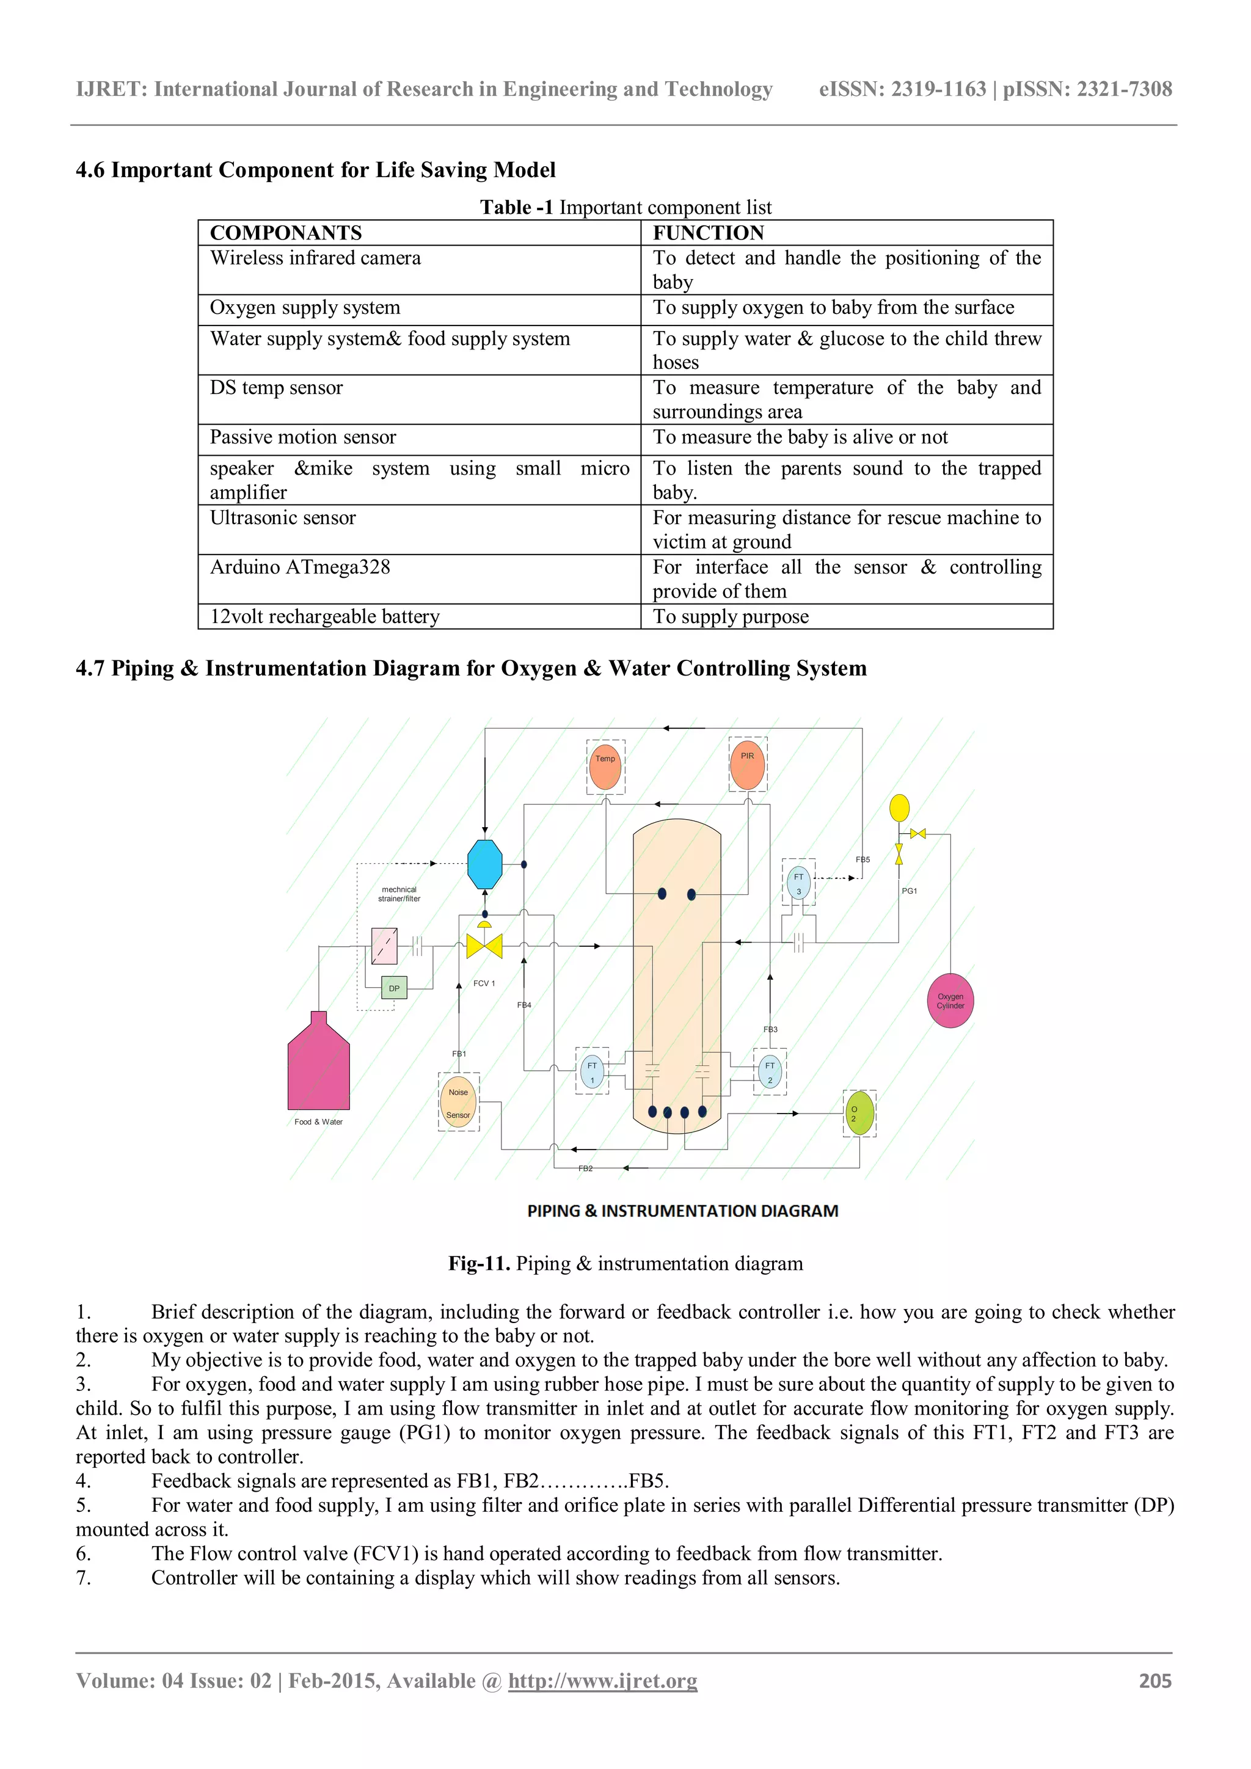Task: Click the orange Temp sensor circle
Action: pos(605,767)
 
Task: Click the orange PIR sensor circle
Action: pos(747,765)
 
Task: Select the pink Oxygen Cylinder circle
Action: pos(950,1001)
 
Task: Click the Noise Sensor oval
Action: pos(458,1103)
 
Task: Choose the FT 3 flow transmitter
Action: pos(799,883)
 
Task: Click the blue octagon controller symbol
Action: pos(484,864)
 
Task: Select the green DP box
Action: pos(393,988)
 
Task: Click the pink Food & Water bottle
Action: pos(318,1067)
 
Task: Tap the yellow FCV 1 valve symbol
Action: pos(484,946)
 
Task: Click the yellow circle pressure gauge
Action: pos(899,808)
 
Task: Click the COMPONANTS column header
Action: pos(286,233)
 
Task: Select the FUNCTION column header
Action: pos(708,233)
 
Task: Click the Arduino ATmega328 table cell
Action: pos(300,567)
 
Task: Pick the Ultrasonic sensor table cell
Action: pos(283,518)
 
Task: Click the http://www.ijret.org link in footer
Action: pos(602,1681)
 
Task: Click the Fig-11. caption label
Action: pos(478,1264)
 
